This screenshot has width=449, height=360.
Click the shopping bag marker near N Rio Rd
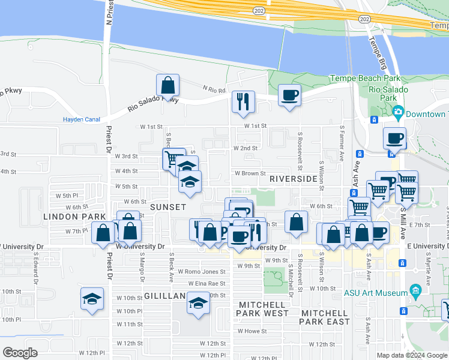[x=168, y=85]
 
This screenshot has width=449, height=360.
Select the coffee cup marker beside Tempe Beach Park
[x=289, y=96]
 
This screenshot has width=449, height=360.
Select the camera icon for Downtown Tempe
[x=397, y=112]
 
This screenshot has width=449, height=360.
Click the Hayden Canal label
[x=81, y=119]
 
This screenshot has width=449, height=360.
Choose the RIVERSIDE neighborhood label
[x=293, y=179]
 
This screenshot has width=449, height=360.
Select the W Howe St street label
[x=252, y=331]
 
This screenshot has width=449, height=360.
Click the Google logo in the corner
[x=20, y=353]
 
